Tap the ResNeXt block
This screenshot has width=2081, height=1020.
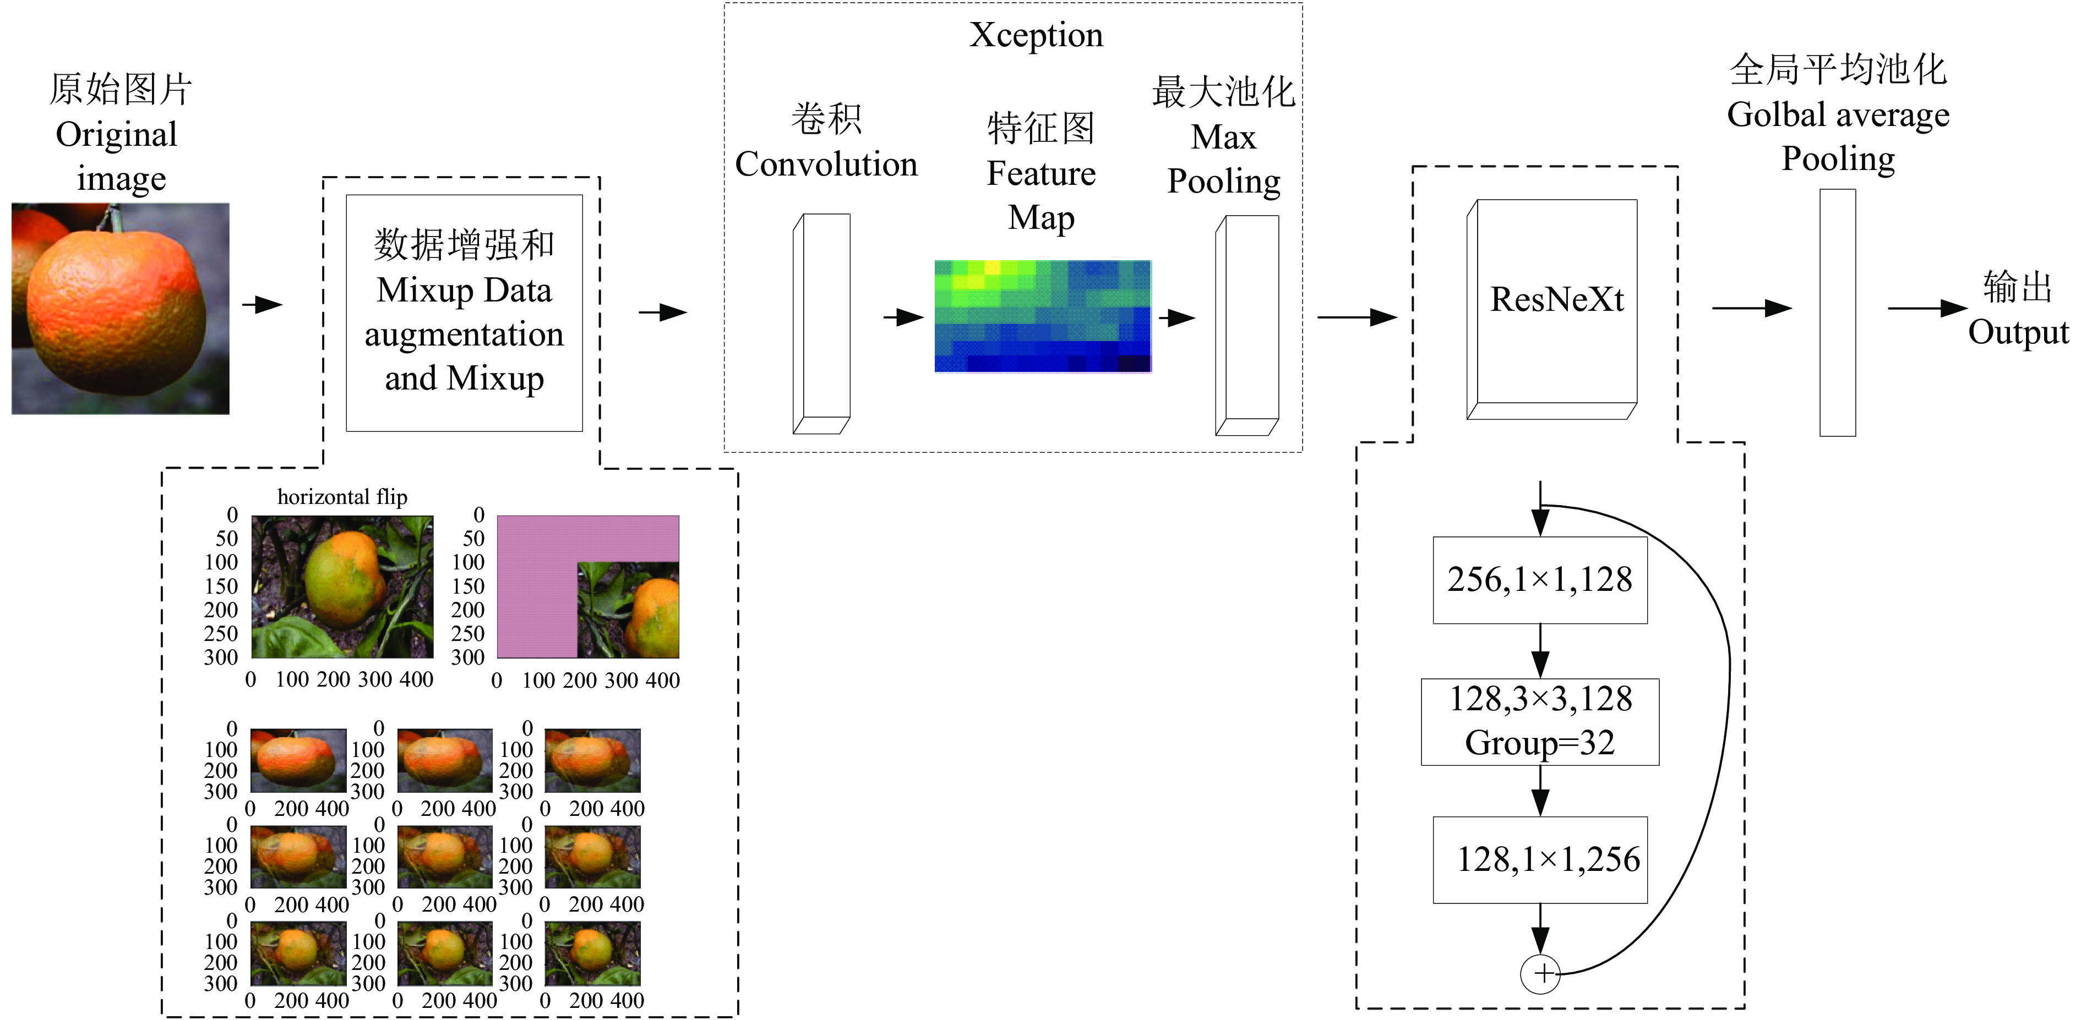coord(1552,309)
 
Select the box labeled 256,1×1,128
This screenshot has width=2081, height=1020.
coord(1540,580)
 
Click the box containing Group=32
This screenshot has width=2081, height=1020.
coord(1540,722)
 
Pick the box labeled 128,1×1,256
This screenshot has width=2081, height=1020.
coord(1540,860)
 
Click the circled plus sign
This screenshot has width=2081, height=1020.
coord(1540,973)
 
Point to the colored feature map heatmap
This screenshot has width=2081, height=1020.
coord(1042,316)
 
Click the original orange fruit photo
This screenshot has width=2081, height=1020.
coord(121,309)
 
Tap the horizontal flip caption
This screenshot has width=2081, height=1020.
coord(342,497)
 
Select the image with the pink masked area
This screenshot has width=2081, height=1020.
coord(587,586)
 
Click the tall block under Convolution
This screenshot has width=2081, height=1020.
coord(821,324)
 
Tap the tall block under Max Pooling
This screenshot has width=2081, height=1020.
coord(1246,326)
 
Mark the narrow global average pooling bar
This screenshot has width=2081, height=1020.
coord(1837,312)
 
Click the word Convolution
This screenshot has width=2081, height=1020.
coord(826,164)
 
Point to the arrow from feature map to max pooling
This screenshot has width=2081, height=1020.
coord(1177,317)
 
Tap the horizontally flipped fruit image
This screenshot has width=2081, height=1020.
coord(342,586)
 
